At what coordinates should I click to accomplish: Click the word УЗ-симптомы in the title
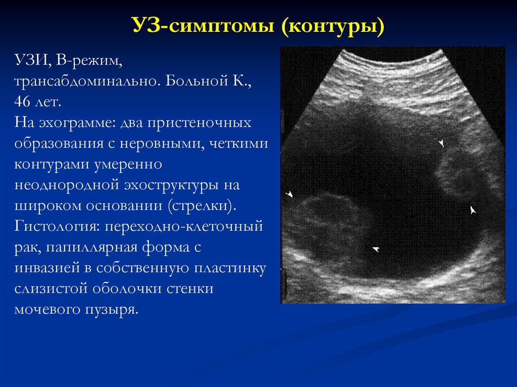point(203,25)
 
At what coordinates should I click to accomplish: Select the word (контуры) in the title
point(333,26)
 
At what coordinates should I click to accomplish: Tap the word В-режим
point(89,61)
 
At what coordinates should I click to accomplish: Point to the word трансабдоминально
point(87,81)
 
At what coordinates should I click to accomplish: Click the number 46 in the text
point(22,101)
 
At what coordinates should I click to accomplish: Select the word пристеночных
point(199,123)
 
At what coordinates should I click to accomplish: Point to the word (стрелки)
point(202,206)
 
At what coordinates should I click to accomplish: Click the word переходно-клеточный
point(184,227)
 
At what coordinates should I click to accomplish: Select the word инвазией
point(47,268)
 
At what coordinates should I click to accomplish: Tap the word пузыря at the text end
point(112,310)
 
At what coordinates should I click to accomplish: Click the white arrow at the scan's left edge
point(289,194)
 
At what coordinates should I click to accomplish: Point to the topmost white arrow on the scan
point(441,143)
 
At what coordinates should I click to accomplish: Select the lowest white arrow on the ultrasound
point(376,249)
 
